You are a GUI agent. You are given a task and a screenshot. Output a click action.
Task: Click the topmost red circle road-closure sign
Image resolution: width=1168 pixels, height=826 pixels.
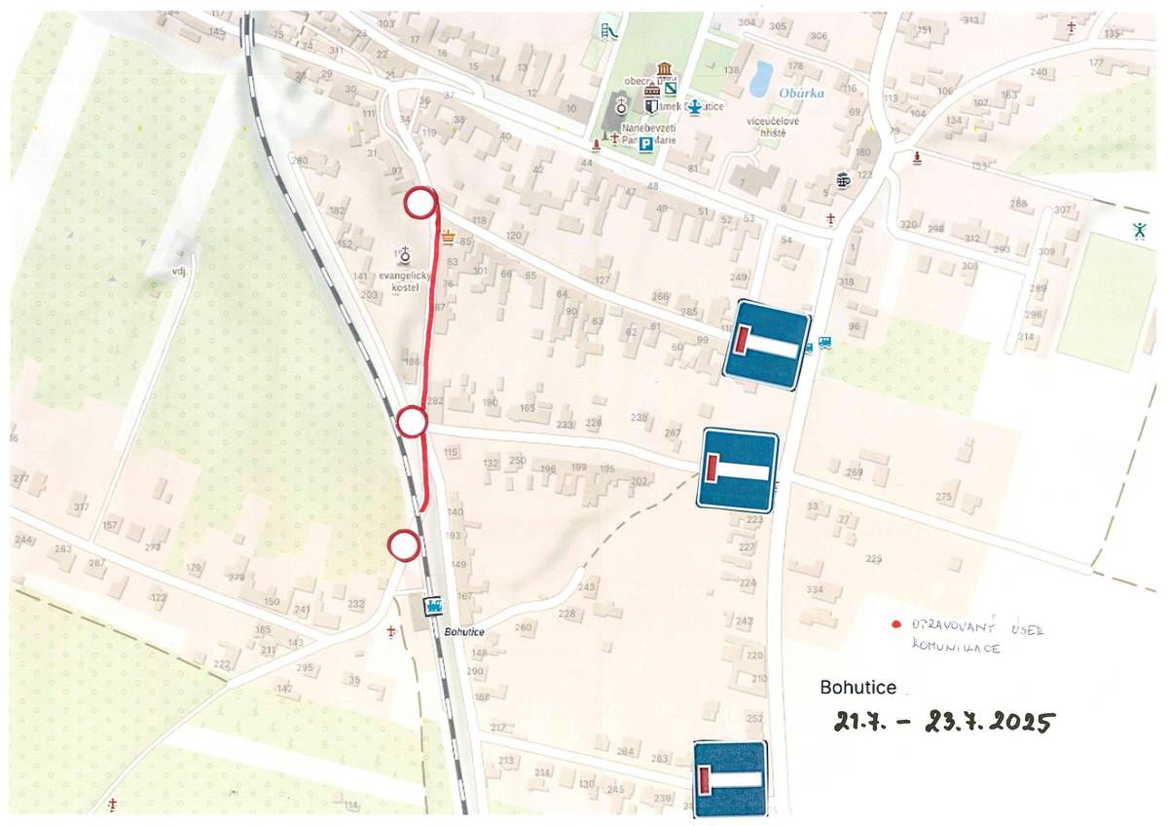click(x=420, y=204)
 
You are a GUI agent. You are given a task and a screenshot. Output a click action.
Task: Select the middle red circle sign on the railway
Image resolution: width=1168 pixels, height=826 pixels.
click(x=413, y=423)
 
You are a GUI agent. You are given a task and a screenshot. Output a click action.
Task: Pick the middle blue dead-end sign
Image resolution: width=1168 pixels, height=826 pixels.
click(x=737, y=469)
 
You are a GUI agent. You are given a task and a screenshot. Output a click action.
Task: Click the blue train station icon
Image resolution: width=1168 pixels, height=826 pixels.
click(x=433, y=606)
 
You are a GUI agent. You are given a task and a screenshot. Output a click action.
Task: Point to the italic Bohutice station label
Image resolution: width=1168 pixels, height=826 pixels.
click(x=464, y=632)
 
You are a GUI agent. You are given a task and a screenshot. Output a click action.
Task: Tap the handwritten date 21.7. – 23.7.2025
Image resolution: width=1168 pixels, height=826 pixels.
click(x=943, y=722)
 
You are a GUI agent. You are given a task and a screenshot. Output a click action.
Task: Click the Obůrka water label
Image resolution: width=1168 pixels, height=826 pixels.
click(x=802, y=94)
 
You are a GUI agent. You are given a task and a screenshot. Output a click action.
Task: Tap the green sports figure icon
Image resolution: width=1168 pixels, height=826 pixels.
click(x=1138, y=230)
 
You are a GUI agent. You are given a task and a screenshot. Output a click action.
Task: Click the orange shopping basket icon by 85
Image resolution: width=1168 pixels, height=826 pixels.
click(x=448, y=236)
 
